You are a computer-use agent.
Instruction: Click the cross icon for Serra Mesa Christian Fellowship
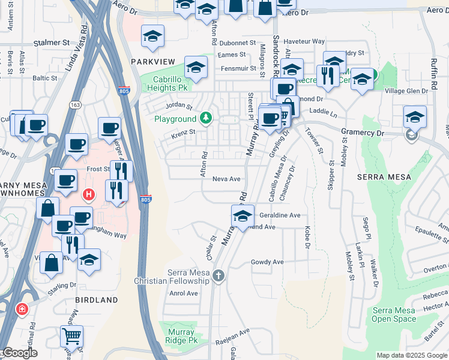(x=218, y=276)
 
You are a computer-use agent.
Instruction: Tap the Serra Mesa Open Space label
(x=394, y=314)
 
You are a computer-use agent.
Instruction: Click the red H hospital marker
(x=89, y=194)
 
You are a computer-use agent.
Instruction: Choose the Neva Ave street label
(x=226, y=179)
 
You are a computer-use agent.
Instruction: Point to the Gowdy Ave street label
(x=267, y=262)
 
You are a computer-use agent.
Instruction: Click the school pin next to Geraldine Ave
(x=243, y=215)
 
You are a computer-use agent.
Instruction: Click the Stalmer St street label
(x=53, y=43)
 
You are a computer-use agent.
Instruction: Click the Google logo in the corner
(x=19, y=353)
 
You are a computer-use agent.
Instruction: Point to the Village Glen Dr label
(x=406, y=91)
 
